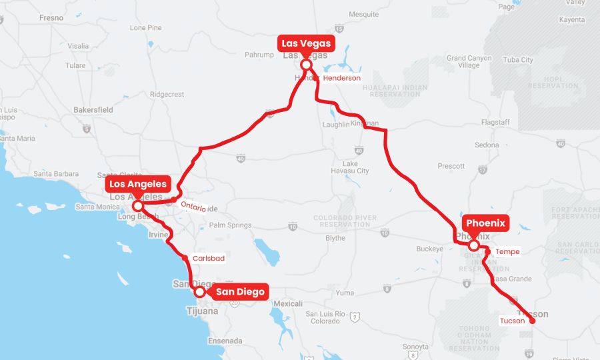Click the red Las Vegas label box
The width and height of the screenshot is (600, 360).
tap(305, 43)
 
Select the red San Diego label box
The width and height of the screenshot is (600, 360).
tap(240, 291)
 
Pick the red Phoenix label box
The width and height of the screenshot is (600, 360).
tap(486, 223)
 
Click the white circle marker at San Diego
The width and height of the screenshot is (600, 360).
tap(199, 291)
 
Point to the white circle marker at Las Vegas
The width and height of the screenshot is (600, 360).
tap(306, 65)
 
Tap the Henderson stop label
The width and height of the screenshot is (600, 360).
tap(341, 78)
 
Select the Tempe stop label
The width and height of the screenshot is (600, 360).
tap(507, 252)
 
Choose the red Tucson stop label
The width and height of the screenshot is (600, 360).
tap(512, 321)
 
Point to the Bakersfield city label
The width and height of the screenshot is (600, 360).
tap(93, 109)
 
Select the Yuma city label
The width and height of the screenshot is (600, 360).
tap(345, 293)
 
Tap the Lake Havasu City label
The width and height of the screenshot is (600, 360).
tap(349, 167)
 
